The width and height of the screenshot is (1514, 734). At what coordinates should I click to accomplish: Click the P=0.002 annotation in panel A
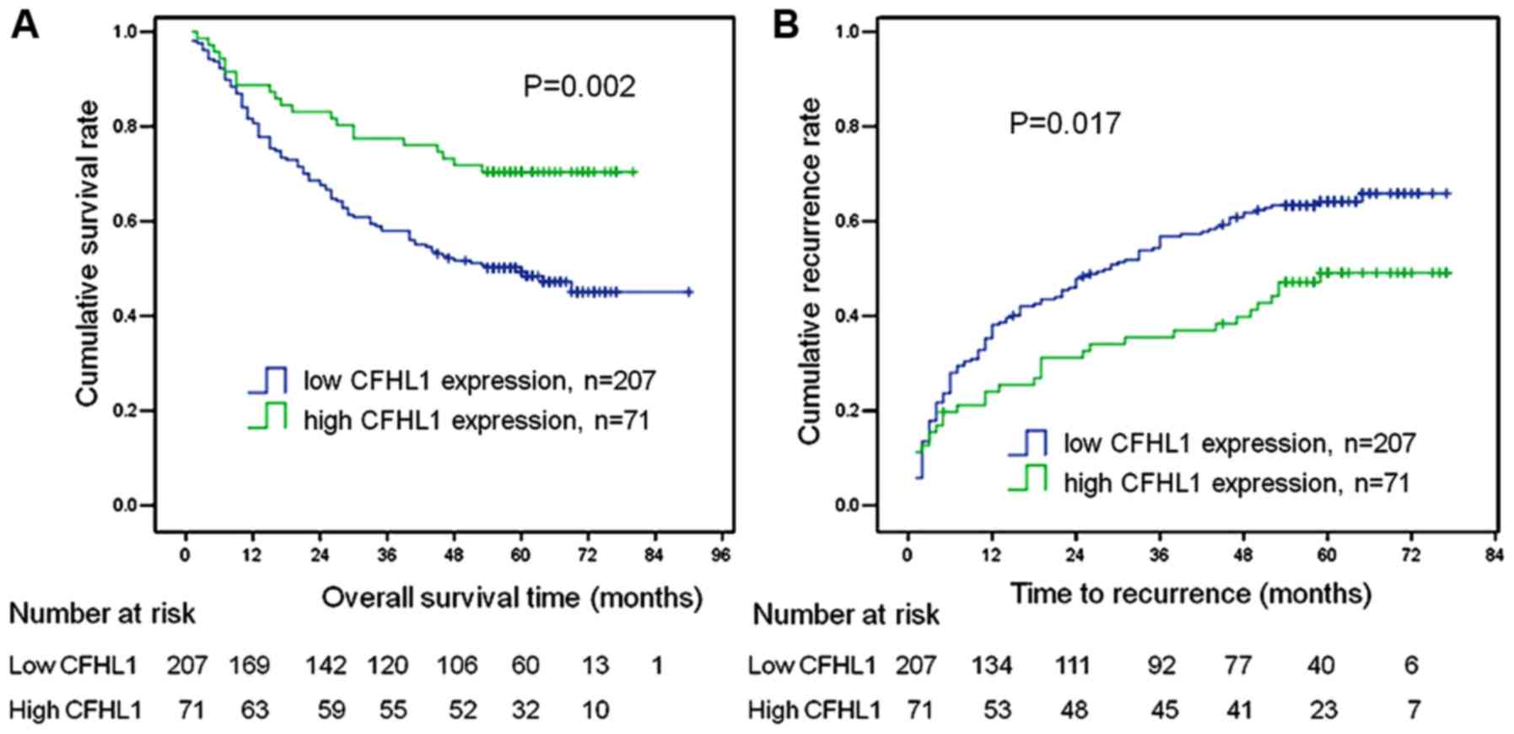(579, 87)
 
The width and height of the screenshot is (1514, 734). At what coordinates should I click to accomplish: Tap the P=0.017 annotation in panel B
(1064, 124)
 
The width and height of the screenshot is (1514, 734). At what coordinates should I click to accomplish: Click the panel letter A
(24, 25)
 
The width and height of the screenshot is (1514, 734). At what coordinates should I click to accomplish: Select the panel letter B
(785, 25)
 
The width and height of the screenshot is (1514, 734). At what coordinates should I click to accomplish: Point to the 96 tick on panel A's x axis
(720, 555)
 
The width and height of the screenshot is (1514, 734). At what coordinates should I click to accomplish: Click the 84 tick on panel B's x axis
(1494, 555)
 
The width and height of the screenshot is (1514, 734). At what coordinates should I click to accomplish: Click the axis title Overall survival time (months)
(512, 598)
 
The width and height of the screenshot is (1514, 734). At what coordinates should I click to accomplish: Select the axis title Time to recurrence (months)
(1190, 594)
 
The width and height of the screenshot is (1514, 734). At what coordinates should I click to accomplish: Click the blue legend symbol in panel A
(268, 380)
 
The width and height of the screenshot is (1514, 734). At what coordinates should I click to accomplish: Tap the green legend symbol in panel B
(1028, 478)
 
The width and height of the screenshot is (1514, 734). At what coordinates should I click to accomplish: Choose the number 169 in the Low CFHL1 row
(250, 666)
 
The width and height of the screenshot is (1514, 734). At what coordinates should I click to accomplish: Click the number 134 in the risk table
(991, 666)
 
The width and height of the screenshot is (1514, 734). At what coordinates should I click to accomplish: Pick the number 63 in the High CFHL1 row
(254, 710)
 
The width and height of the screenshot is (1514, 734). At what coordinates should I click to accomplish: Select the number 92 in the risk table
(1161, 666)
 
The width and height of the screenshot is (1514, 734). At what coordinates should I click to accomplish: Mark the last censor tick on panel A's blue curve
(689, 292)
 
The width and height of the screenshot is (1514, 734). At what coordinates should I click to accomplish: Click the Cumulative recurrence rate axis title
(810, 270)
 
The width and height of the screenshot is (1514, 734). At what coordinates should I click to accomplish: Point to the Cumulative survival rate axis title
(88, 253)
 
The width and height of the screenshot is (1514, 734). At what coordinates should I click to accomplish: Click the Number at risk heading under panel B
(845, 615)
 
